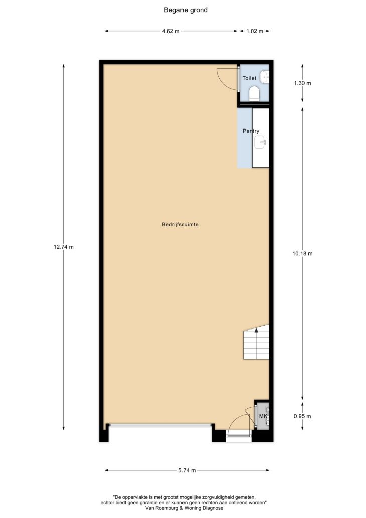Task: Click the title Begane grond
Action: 186,10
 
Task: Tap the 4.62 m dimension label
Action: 171,31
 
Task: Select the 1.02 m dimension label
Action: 255,31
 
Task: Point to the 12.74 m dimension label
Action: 63,247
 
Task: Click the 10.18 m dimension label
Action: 302,253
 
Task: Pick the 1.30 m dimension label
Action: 302,83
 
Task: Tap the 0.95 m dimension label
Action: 302,416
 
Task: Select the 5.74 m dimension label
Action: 187,470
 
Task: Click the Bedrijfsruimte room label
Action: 180,225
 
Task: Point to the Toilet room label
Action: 249,78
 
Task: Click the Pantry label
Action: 251,131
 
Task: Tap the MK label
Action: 263,416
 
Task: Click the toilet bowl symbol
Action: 255,93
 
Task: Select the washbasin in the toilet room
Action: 265,77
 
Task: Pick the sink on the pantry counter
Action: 260,143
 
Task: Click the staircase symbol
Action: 256,342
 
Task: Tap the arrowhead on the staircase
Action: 256,330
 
